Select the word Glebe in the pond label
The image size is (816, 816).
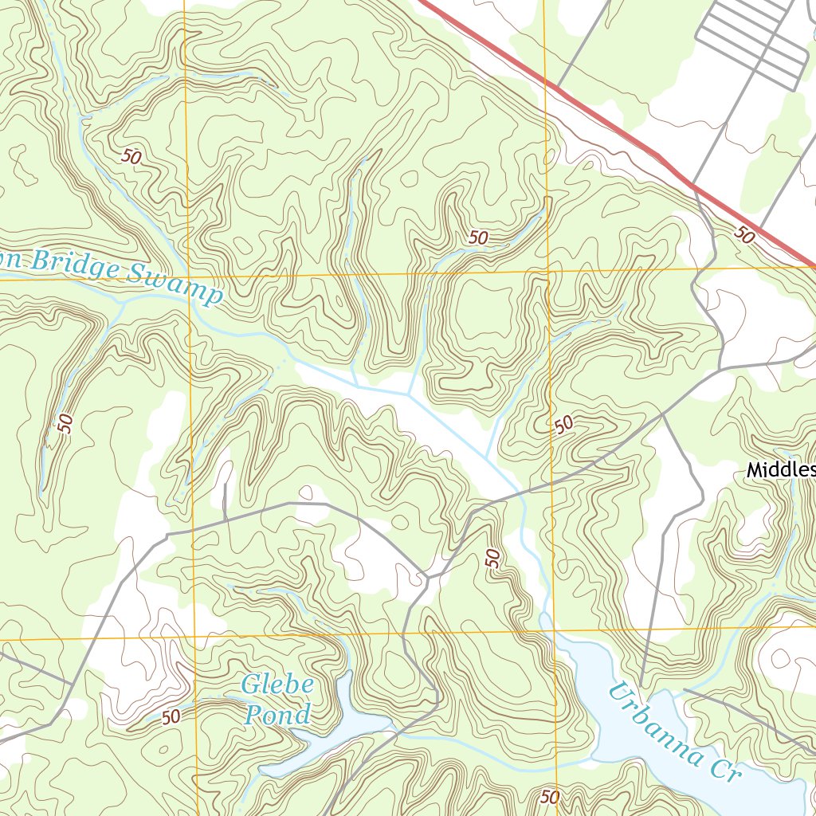point(277,685)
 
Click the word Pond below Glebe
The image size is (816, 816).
point(277,715)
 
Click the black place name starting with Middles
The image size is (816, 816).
point(780,471)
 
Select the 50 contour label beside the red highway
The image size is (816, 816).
point(743,234)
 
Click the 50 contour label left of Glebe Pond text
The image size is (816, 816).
point(171,716)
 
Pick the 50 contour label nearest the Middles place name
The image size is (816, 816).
point(564,425)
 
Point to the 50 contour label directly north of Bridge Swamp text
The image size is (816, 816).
point(131,157)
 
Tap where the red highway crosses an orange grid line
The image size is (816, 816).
point(545,80)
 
